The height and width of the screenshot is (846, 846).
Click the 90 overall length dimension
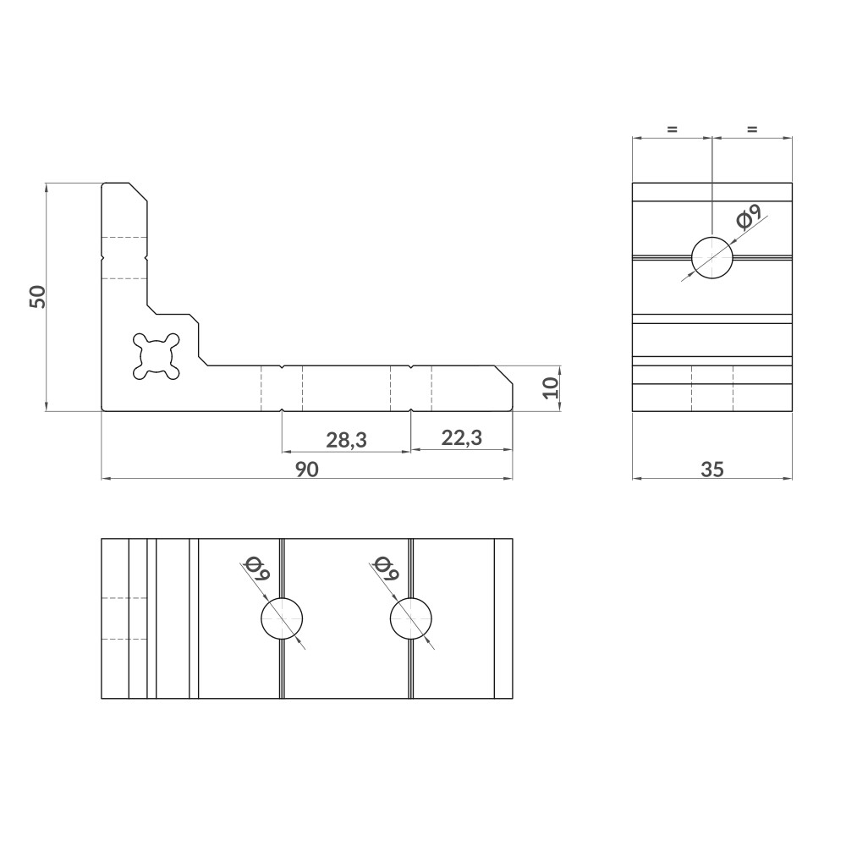307,470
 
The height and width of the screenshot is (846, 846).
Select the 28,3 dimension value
346,439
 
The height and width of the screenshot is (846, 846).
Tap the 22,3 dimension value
461,437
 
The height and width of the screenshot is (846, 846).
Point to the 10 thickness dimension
550,388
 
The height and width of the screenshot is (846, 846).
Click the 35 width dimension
712,470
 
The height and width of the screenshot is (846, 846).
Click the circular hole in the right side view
712,257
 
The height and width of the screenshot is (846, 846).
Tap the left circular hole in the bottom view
282,619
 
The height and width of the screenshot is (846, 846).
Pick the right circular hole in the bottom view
411,619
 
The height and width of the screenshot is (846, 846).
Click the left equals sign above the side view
672,129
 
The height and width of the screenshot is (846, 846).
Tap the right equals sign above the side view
752,129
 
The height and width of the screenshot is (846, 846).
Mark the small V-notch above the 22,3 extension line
410,367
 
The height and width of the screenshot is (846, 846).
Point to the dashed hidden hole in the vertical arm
124,257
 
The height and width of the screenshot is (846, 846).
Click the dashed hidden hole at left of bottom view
124,619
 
